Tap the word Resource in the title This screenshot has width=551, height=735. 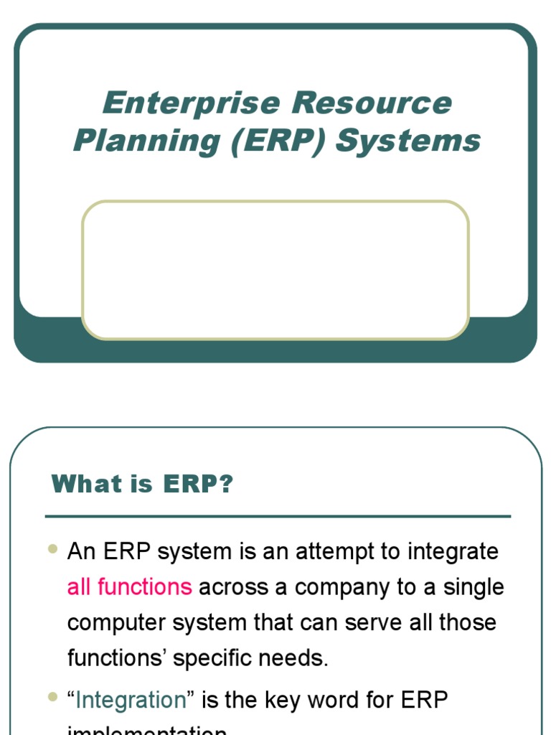pos(372,103)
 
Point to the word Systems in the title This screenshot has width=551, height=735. pos(408,140)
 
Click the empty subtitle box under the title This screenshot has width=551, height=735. pos(275,269)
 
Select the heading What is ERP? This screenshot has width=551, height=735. pos(143,484)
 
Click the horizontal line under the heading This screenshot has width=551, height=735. pos(278,516)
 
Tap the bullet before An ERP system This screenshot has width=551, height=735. pos(52,549)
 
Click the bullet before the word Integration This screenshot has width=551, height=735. pos(52,697)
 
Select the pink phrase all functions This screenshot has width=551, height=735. pos(129,587)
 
